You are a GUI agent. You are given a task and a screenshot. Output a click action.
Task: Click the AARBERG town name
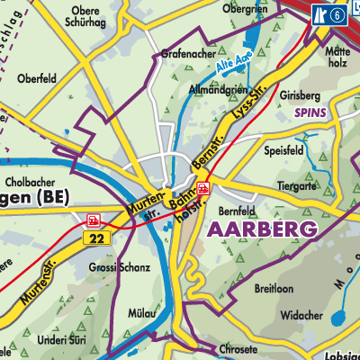[x=262, y=229]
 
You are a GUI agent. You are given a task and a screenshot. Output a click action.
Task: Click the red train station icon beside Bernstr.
[x=204, y=188]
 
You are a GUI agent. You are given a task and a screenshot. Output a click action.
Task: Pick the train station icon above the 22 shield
[x=93, y=220]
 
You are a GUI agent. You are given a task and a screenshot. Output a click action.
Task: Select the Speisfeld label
[x=285, y=151]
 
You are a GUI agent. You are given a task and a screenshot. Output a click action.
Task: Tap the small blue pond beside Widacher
[x=339, y=318]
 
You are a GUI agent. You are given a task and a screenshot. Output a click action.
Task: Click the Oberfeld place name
[x=36, y=78]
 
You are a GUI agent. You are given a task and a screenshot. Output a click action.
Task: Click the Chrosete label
[x=238, y=348]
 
